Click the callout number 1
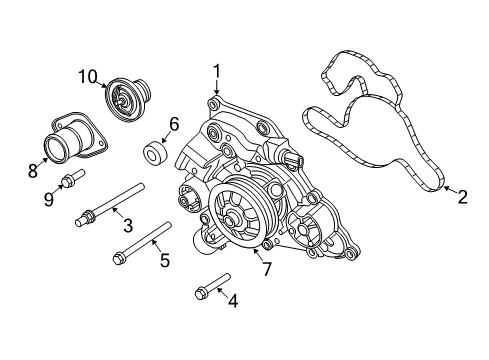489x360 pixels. tap(215, 71)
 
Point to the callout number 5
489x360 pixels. tap(165, 260)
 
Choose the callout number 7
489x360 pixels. tap(266, 268)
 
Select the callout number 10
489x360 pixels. tap(88, 75)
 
